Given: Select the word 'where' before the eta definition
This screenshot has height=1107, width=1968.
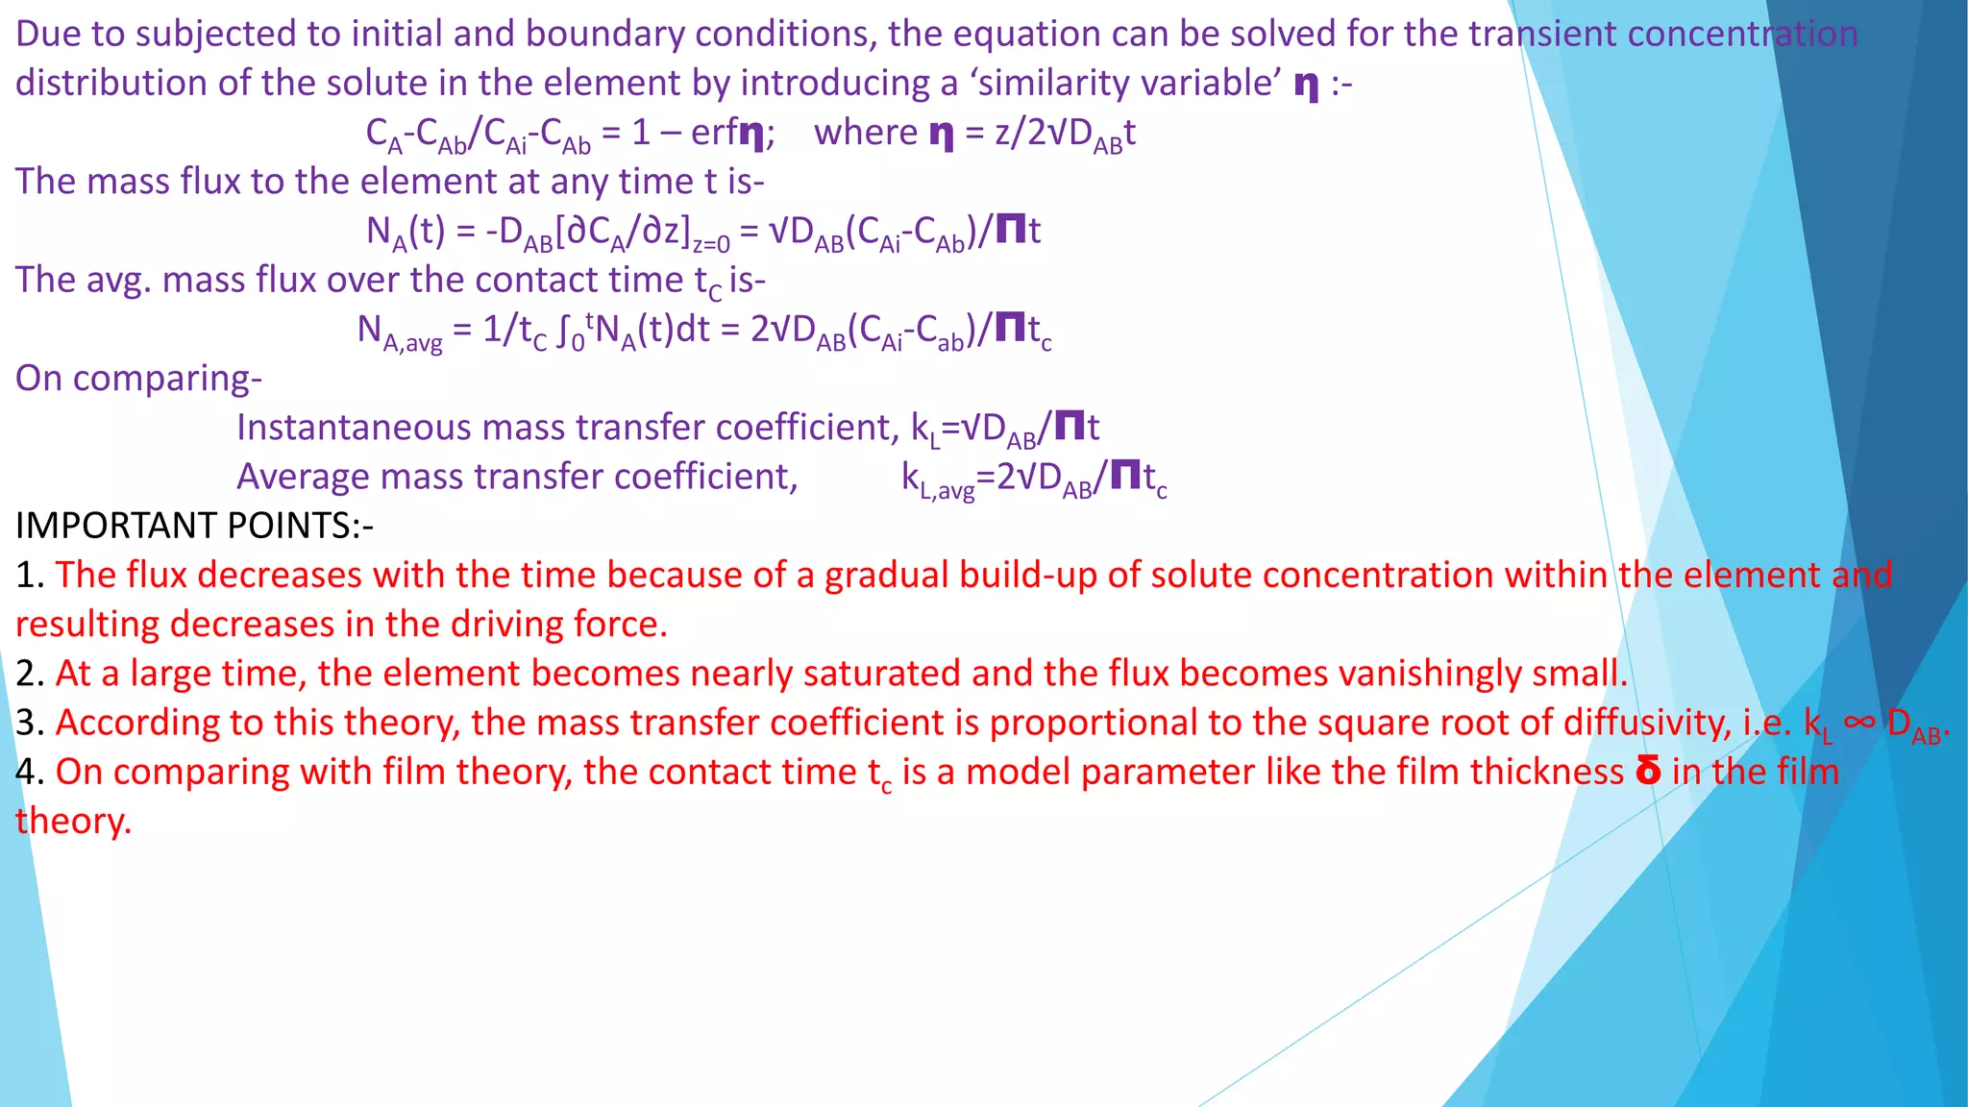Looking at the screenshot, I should click(866, 132).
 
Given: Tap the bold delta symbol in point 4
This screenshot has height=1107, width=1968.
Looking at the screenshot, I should click(1648, 771).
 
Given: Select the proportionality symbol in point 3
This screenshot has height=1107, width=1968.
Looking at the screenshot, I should click(1860, 721).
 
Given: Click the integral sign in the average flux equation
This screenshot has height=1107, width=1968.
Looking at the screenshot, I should click(564, 331).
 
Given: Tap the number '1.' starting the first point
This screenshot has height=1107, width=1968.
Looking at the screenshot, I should click(30, 575).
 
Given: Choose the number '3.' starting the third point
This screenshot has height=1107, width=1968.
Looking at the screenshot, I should click(30, 722).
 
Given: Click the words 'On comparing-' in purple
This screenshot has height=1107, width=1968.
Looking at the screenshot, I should click(138, 378).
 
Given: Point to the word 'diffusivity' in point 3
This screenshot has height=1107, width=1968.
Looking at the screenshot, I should click(1647, 722).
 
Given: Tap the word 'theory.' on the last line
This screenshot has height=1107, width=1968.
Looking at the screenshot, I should click(73, 821).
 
